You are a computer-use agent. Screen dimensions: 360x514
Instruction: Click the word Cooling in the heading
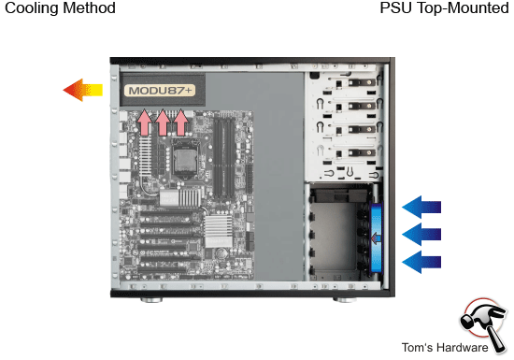pos(30,8)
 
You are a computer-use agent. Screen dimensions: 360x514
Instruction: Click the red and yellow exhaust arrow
pos(82,90)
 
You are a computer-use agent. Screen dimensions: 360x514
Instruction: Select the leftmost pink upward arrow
pos(144,122)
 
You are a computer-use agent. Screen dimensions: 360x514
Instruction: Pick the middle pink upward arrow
pos(163,122)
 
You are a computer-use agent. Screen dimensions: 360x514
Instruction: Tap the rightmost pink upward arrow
pos(180,122)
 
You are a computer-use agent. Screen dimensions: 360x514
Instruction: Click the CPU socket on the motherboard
pos(184,161)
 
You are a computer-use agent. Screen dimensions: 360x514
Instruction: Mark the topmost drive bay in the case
pos(346,88)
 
